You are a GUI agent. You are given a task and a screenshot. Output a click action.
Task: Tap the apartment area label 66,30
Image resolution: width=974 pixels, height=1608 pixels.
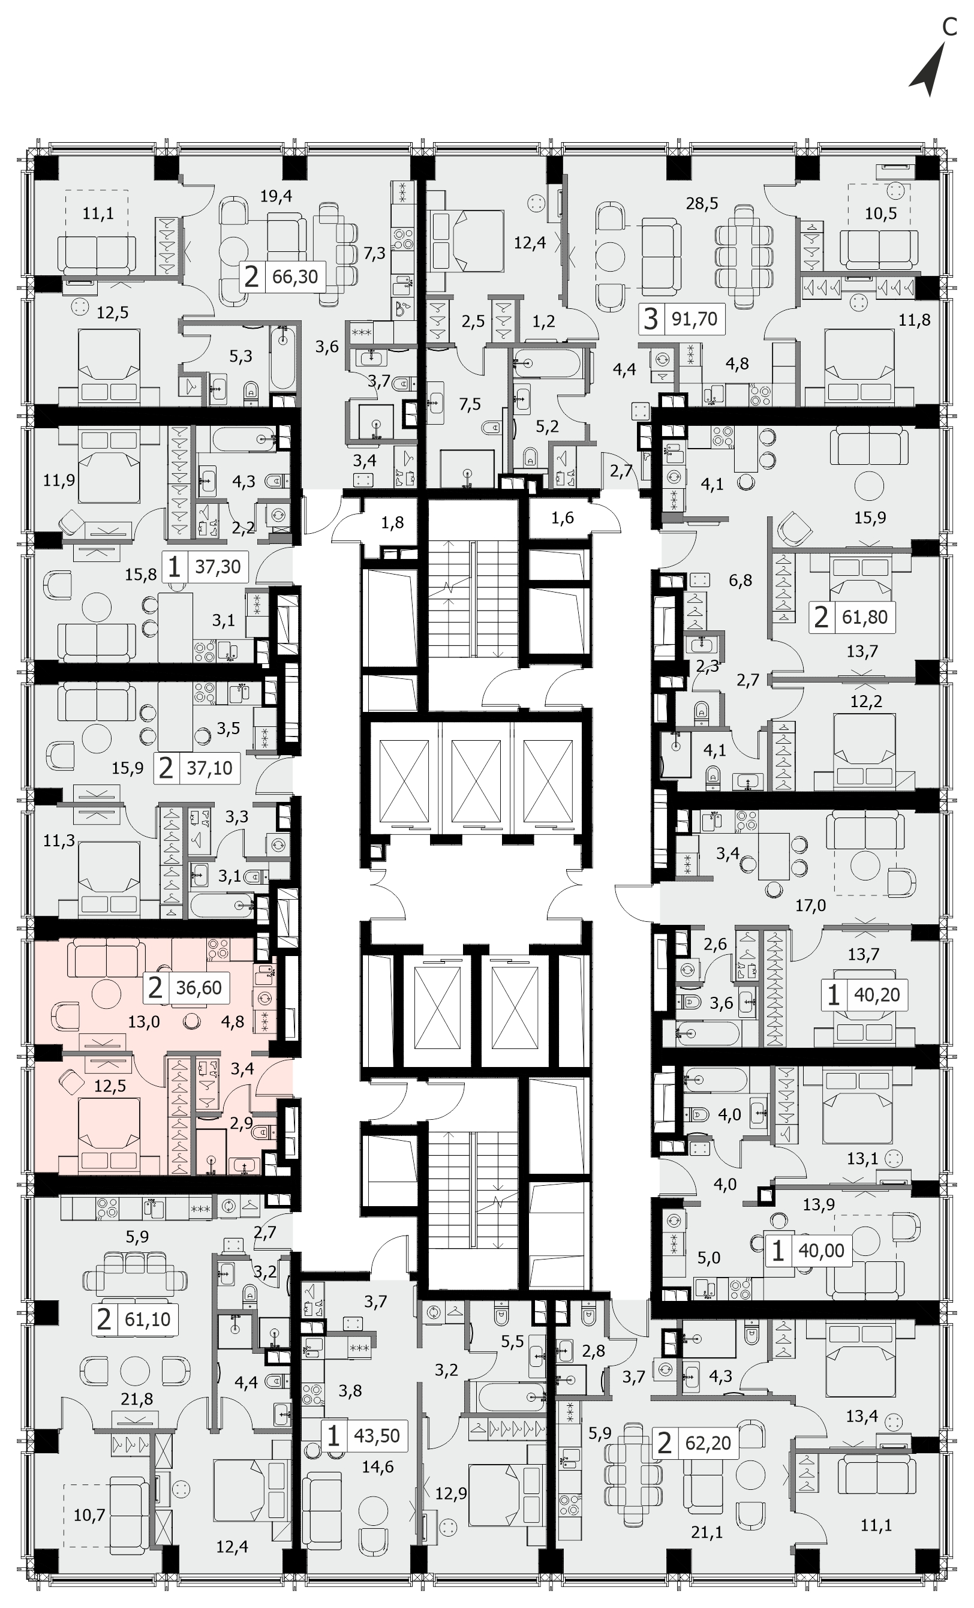295,276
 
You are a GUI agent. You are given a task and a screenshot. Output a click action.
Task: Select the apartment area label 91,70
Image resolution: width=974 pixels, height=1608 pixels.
694,319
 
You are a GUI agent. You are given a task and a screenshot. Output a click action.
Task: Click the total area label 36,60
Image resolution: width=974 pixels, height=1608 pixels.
199,987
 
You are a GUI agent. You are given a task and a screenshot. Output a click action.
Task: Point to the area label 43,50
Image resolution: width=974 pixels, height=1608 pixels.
377,1436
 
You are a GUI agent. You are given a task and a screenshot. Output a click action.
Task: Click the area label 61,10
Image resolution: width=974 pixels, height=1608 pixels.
148,1320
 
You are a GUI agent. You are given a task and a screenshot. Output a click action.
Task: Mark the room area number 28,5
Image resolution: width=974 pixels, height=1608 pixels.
702,203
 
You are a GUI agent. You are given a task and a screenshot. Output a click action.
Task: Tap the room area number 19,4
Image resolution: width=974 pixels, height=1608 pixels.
276,196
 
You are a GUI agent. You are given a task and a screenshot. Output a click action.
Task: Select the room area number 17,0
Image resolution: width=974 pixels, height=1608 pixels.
810,905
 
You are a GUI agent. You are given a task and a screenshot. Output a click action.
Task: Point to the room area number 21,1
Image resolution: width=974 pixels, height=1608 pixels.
707,1532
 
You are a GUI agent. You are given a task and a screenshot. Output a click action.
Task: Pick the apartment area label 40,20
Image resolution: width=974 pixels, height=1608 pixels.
877,995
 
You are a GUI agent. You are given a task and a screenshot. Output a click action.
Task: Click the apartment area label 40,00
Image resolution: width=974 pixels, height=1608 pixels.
821,1251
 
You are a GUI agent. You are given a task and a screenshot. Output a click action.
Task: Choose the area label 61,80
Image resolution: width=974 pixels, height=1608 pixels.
864,617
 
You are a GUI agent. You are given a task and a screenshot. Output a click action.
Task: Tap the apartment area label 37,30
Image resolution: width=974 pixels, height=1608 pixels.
218,566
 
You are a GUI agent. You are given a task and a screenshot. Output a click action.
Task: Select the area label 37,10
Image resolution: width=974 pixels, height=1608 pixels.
209,768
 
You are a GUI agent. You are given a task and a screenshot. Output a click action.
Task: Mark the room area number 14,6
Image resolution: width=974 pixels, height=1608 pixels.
378,1467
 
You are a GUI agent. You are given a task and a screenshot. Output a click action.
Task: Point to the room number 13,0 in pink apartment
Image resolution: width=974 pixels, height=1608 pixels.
143,1022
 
